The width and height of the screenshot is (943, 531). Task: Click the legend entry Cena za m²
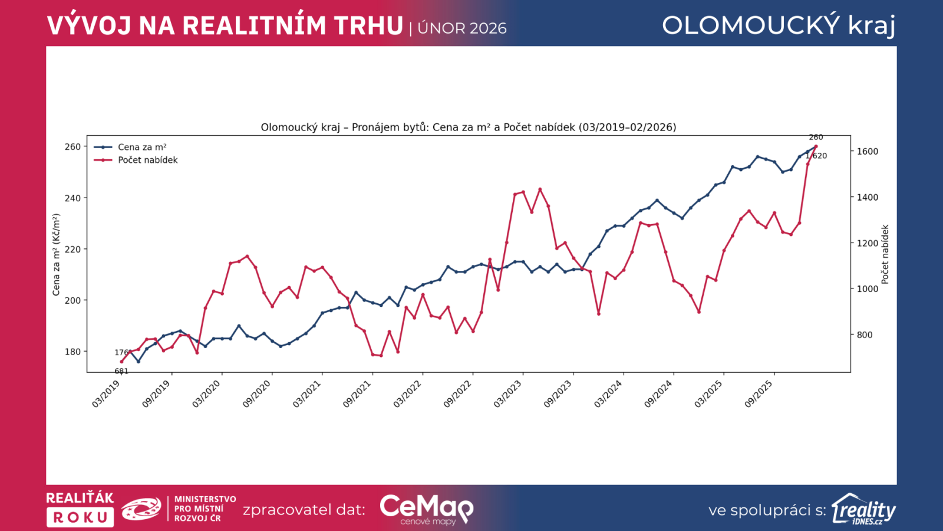tap(141, 147)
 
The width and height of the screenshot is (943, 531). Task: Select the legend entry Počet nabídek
tap(147, 160)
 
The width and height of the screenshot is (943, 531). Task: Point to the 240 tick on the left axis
tap(72, 198)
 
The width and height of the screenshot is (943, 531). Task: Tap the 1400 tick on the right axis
tap(867, 197)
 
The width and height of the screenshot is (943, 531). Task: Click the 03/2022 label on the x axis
tap(408, 394)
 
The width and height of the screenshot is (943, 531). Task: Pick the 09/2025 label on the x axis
tap(759, 394)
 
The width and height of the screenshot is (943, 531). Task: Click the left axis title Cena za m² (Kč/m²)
tap(57, 254)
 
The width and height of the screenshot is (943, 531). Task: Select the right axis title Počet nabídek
tap(885, 254)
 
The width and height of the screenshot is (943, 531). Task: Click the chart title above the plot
tap(469, 127)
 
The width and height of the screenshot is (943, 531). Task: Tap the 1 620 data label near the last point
tap(817, 156)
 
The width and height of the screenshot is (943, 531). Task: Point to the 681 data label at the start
tap(121, 371)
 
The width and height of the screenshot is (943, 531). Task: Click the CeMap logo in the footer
tap(426, 509)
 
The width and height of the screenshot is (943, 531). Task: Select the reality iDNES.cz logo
tap(863, 509)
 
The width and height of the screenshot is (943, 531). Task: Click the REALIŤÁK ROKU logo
tap(80, 509)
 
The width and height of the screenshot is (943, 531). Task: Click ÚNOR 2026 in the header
tap(462, 28)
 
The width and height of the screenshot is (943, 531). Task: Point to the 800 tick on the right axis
tap(865, 335)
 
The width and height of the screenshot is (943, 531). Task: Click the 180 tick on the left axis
tap(72, 352)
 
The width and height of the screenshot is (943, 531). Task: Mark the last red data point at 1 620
tap(816, 146)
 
